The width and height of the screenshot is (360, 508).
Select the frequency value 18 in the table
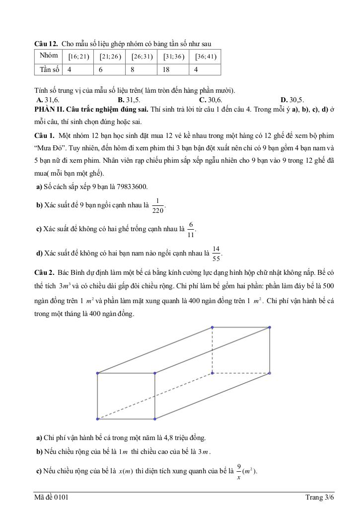[166, 69]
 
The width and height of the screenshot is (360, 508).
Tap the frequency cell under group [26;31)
[133, 69]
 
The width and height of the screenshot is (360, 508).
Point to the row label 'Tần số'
[49, 69]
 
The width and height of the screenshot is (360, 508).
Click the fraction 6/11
[191, 229]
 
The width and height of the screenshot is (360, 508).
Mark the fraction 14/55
[216, 253]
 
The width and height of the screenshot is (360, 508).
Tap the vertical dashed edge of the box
[213, 350]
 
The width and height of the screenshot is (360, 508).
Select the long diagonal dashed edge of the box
[155, 395]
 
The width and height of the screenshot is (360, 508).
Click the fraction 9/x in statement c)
[239, 471]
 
